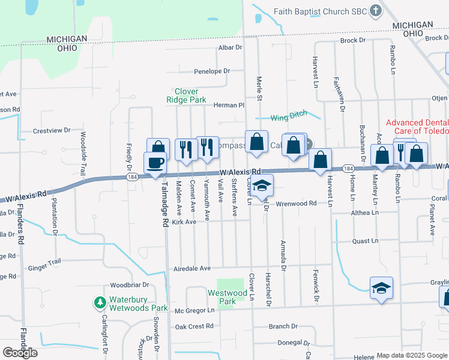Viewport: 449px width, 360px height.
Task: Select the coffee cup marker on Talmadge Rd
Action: [155, 163]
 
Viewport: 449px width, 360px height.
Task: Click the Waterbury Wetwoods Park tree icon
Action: [100, 302]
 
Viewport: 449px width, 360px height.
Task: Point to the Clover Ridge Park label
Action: [186, 95]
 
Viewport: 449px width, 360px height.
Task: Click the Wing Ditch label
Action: [288, 116]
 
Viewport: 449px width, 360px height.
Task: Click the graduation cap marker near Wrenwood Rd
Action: [262, 185]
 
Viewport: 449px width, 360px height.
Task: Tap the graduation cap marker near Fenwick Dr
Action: [381, 288]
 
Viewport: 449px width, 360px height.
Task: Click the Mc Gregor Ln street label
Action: [194, 310]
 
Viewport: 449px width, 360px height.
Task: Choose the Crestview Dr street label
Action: [52, 130]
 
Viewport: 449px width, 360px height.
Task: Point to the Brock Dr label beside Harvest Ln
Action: [352, 40]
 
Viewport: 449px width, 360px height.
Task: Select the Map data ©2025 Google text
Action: [412, 355]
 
